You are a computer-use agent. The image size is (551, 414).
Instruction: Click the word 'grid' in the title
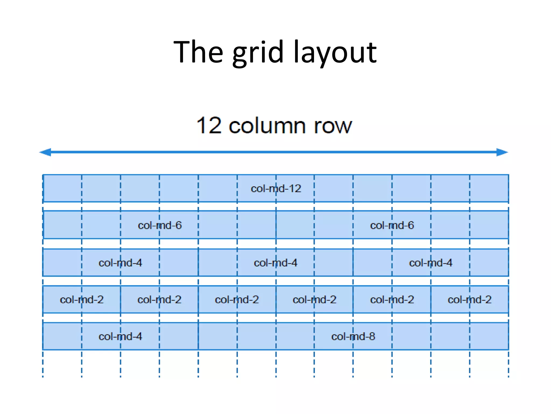click(x=258, y=53)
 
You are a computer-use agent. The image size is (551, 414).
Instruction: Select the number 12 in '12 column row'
click(x=209, y=126)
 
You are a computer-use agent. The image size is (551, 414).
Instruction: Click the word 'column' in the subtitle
click(x=267, y=126)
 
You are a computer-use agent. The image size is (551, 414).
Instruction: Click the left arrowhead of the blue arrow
click(x=46, y=152)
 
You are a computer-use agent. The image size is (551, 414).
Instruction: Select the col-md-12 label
click(x=276, y=188)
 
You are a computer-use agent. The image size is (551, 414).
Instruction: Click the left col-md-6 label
click(x=160, y=225)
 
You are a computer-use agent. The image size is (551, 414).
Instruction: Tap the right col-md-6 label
click(x=392, y=225)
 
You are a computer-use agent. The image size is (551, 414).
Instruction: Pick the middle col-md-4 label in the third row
click(x=275, y=263)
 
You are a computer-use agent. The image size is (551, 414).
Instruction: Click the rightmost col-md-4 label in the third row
click(x=431, y=263)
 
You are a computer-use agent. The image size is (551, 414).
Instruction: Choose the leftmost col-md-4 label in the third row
click(x=120, y=263)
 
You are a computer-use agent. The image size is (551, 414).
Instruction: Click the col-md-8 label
click(x=353, y=336)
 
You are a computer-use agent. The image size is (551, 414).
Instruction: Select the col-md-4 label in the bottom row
click(x=120, y=336)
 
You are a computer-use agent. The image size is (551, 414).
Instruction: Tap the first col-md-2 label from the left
click(x=82, y=299)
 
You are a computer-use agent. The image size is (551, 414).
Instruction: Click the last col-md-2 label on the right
click(x=469, y=299)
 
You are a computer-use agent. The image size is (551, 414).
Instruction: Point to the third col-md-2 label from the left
click(x=237, y=299)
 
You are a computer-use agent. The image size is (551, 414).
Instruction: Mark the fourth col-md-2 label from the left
click(x=315, y=299)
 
